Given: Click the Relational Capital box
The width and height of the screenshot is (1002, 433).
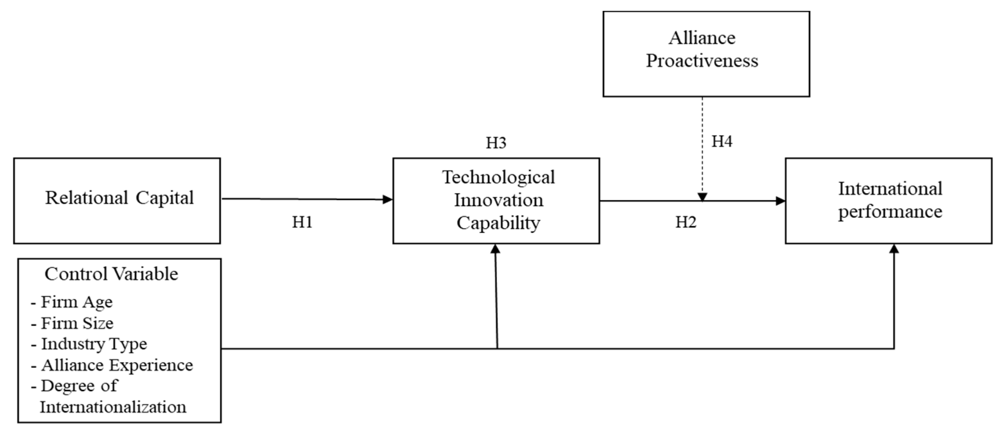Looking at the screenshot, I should (117, 201).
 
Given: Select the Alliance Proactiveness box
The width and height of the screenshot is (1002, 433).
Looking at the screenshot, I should (706, 54).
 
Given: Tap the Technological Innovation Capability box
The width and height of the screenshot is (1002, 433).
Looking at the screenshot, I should (496, 201).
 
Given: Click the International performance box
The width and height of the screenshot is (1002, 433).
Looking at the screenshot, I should (888, 201).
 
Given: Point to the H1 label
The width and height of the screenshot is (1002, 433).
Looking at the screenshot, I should (302, 222).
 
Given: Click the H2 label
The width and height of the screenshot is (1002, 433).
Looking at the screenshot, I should (685, 222).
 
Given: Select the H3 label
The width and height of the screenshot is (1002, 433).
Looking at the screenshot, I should (496, 143).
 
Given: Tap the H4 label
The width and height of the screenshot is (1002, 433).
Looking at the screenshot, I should (721, 142).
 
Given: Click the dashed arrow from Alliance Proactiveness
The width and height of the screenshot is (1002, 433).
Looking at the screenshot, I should (702, 148).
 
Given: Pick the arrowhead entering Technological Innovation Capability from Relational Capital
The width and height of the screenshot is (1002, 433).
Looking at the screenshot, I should (388, 200).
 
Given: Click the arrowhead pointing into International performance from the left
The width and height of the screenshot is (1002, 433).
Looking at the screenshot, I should (780, 201).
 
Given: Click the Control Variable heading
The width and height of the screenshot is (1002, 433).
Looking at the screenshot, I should (111, 274).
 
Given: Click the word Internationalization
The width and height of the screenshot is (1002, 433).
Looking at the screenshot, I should (113, 407).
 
